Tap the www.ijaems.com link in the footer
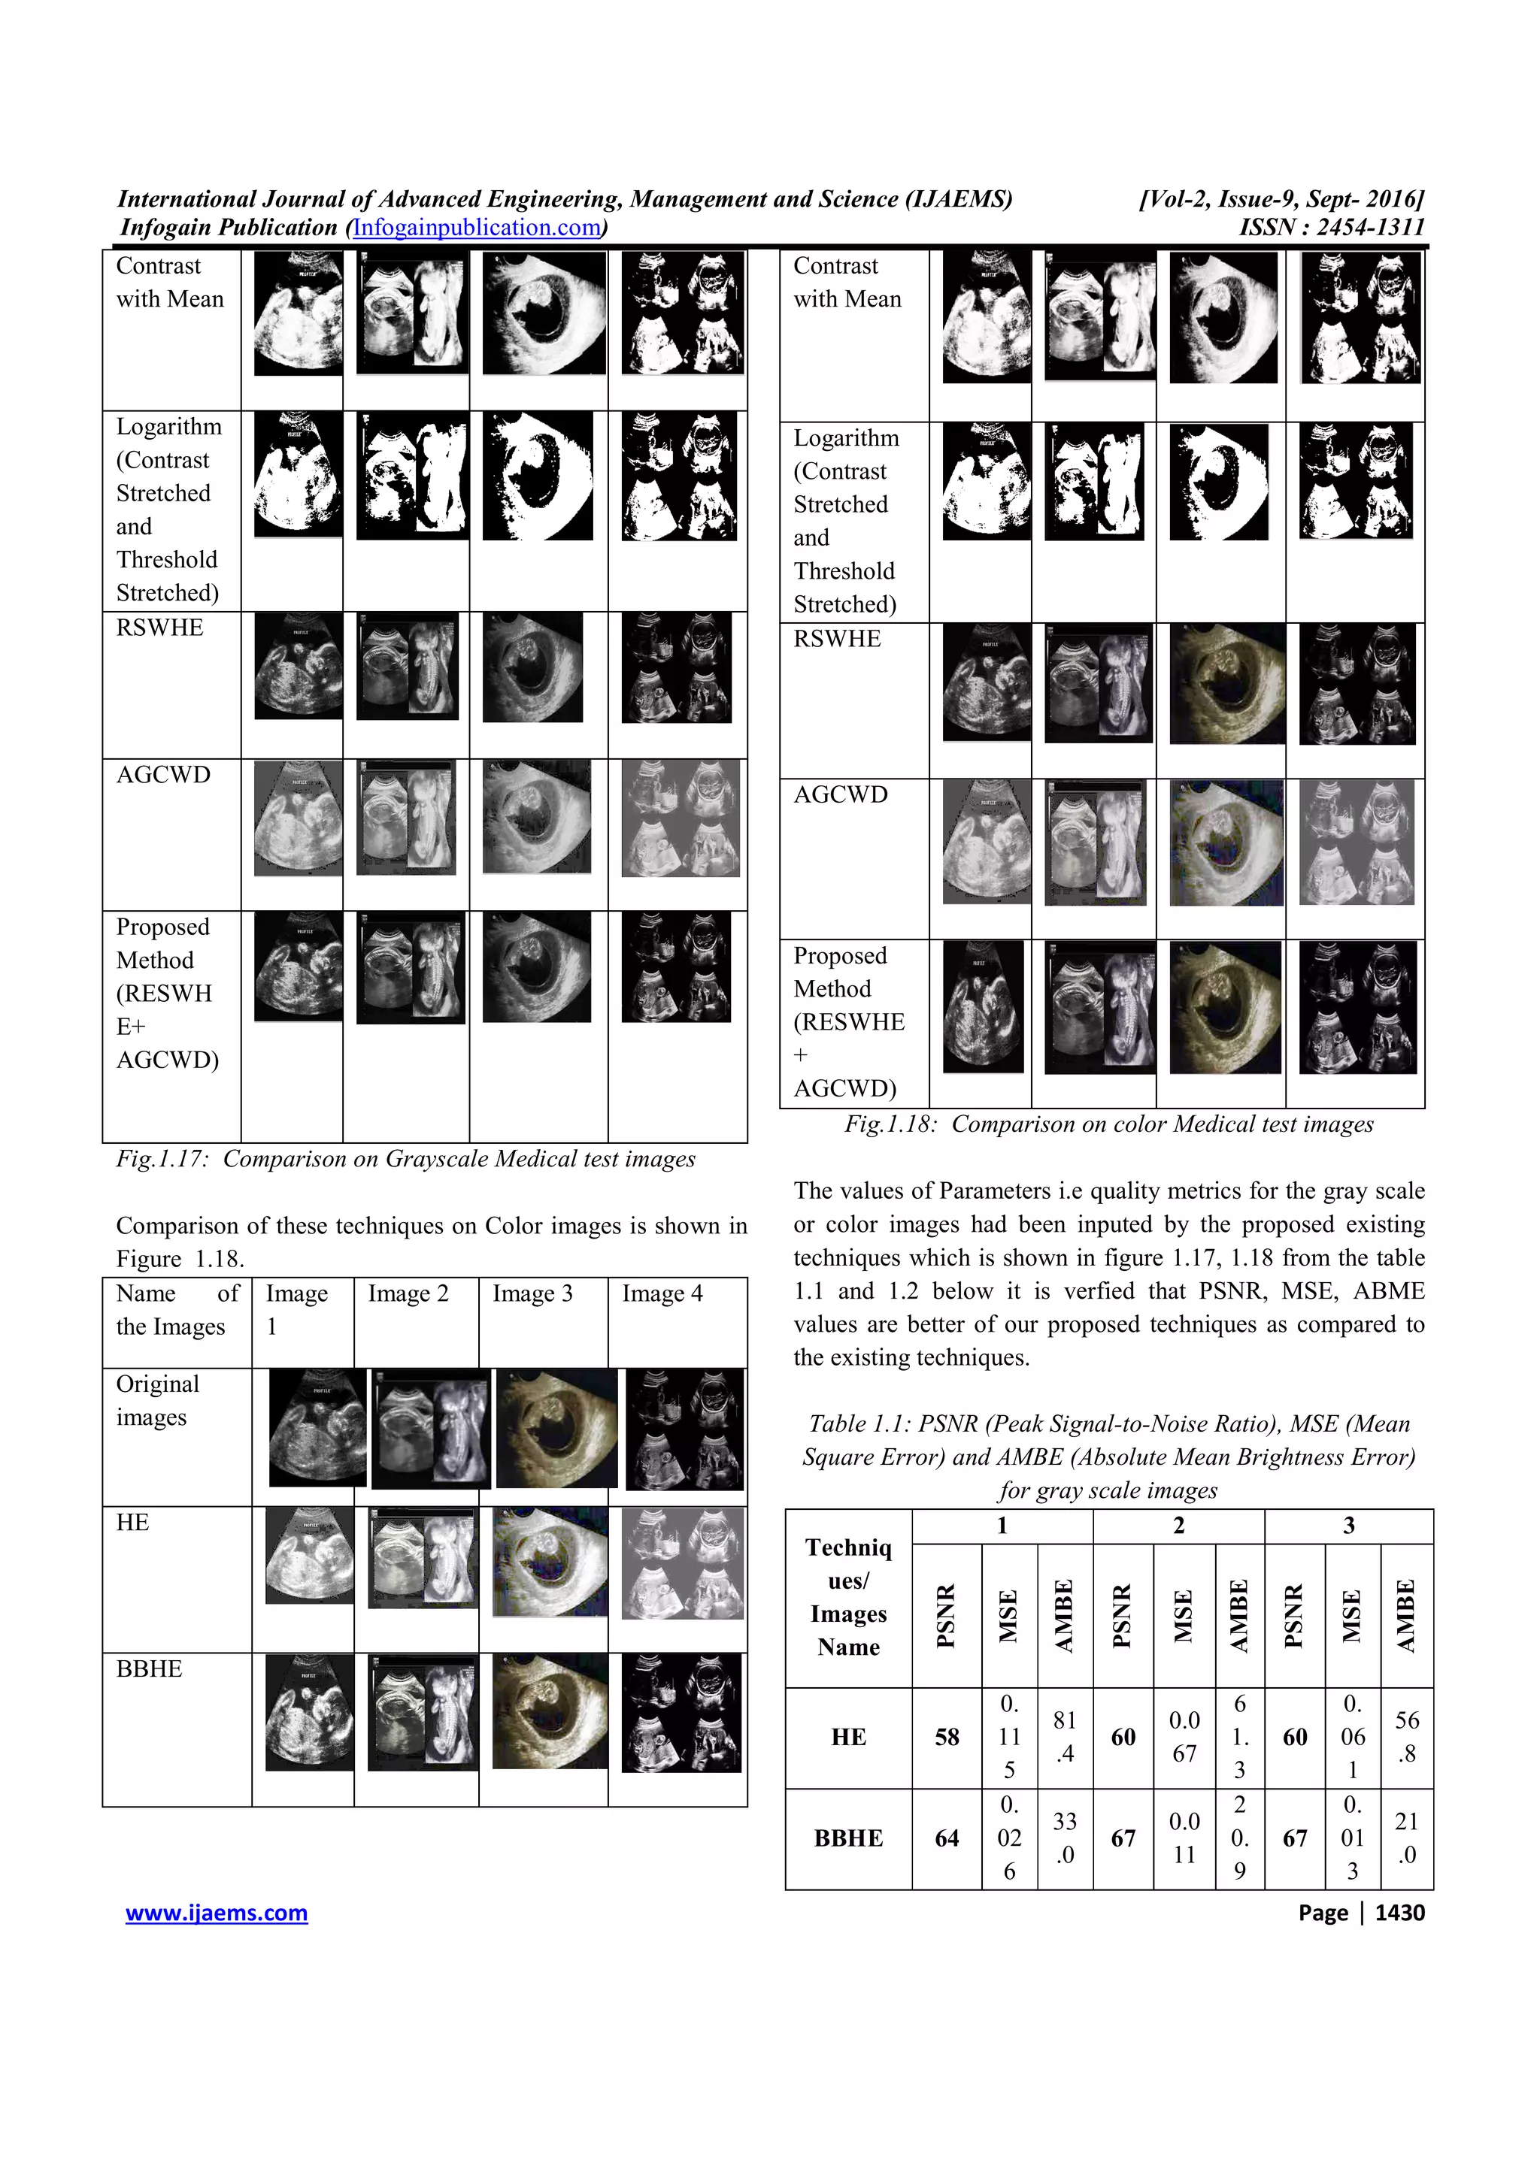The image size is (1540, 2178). pyautogui.click(x=217, y=1913)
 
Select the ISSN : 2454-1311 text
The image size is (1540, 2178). pyautogui.click(x=1331, y=228)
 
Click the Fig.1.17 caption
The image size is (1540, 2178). pyautogui.click(x=405, y=1158)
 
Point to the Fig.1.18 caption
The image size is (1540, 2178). pyautogui.click(x=1108, y=1124)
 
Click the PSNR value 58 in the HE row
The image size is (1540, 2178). pyautogui.click(x=946, y=1737)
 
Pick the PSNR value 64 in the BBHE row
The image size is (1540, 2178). pyautogui.click(x=946, y=1838)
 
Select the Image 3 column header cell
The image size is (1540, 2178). pyautogui.click(x=532, y=1294)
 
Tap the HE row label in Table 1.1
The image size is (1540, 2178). pyautogui.click(x=848, y=1737)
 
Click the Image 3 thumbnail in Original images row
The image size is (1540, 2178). pyautogui.click(x=556, y=1429)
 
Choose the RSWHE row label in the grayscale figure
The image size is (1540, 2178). pyautogui.click(x=159, y=628)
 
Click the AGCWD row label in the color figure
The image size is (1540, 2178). pyautogui.click(x=840, y=795)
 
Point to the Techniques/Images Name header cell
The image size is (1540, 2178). pyautogui.click(x=848, y=1598)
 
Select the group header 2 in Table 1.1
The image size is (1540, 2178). pyautogui.click(x=1178, y=1526)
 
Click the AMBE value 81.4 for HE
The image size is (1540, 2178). pyautogui.click(x=1065, y=1737)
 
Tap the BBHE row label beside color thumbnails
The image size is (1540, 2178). pyautogui.click(x=149, y=1668)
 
